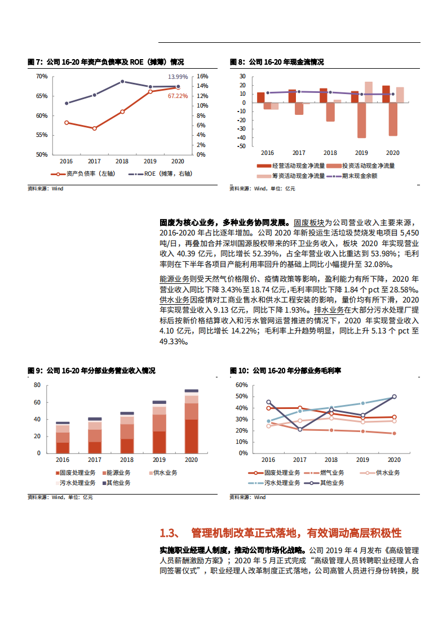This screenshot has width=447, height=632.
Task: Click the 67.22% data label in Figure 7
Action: pos(178,96)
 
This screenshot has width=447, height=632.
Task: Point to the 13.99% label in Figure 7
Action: pos(178,77)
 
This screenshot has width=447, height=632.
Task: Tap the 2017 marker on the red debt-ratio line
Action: pos(94,128)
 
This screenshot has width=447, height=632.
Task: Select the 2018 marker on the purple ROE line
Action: pos(122,82)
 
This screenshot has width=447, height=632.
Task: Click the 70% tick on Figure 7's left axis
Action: pos(41,76)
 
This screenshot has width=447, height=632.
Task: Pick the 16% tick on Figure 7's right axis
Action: pos(202,76)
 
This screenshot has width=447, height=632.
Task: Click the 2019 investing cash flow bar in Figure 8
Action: pos(361,120)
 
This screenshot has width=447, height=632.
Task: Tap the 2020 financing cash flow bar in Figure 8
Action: pos(400,95)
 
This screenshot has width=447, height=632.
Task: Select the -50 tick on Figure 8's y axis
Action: pos(242,146)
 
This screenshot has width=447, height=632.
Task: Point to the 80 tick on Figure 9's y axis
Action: pos(37,385)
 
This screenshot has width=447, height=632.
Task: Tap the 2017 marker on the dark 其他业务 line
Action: pos(300,430)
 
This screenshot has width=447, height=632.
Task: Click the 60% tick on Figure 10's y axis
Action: pos(241,385)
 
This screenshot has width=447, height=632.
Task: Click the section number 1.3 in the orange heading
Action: pos(169,533)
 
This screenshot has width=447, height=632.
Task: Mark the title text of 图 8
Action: pos(277,62)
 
